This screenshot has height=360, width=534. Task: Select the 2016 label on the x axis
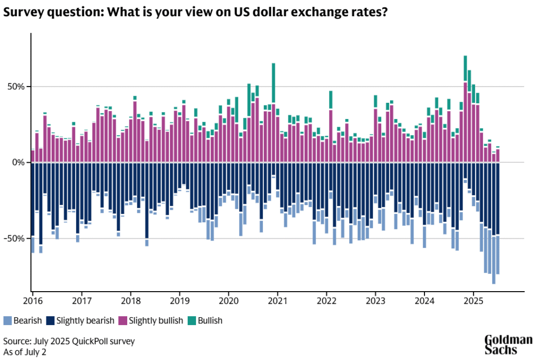click(32, 301)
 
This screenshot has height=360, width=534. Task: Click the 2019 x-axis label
click(179, 301)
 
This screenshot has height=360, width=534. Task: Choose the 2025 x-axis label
click(474, 301)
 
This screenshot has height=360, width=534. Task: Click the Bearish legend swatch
click(7, 321)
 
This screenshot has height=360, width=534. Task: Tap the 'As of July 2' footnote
click(25, 352)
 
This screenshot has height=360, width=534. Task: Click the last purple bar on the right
click(497, 155)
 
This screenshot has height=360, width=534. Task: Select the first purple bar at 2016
click(33, 156)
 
